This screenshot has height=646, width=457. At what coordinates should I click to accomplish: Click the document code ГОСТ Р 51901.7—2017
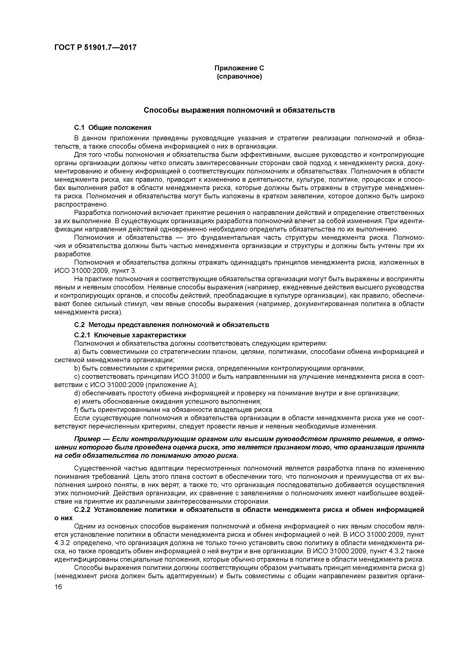[x=95, y=47]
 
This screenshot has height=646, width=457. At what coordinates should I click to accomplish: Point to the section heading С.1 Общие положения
[x=113, y=127]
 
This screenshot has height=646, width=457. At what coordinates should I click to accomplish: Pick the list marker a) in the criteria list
[x=77, y=352]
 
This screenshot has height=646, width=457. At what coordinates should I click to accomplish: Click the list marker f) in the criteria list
[x=76, y=409]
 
